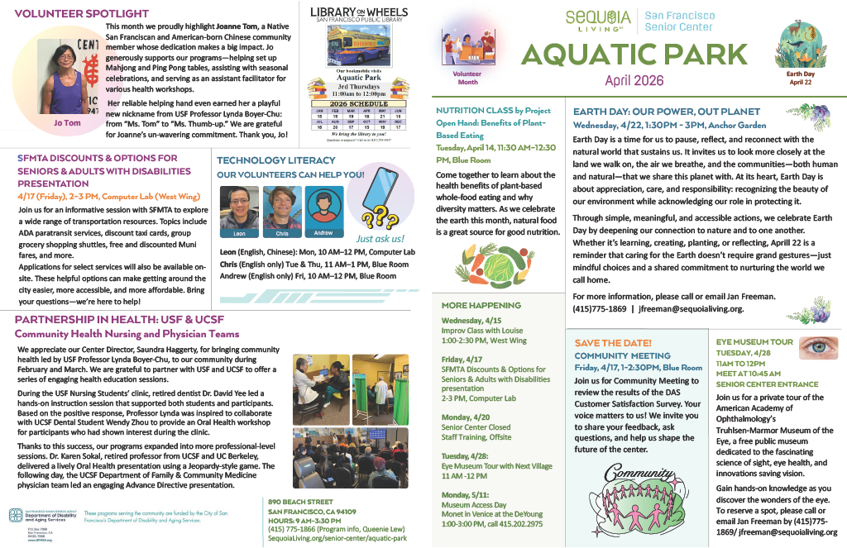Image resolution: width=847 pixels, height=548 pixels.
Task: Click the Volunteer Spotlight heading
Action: coord(82,14)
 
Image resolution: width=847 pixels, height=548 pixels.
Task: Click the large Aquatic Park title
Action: coord(635,55)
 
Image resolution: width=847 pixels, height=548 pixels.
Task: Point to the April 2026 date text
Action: coord(634,80)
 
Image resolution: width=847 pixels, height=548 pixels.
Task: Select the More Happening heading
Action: coord(481,305)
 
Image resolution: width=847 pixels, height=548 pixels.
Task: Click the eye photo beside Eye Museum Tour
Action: coord(817,347)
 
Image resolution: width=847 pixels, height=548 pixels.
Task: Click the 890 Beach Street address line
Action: coord(300,502)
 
